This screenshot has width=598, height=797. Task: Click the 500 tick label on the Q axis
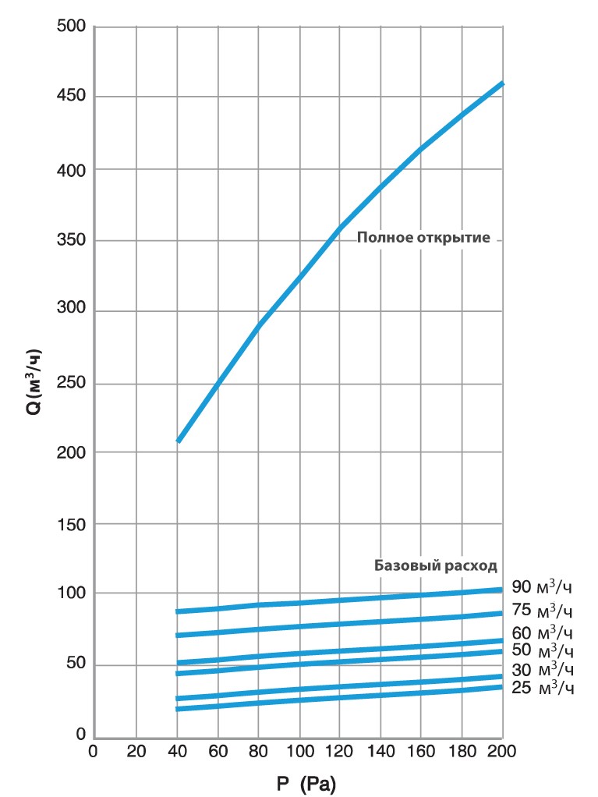(71, 26)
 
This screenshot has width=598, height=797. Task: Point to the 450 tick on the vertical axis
(71, 97)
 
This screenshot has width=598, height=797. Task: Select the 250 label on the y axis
(71, 383)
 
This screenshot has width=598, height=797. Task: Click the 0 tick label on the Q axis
(80, 735)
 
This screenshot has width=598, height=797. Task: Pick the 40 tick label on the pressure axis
(178, 752)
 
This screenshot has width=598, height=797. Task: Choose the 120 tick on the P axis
(339, 752)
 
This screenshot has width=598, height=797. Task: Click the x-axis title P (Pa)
(306, 784)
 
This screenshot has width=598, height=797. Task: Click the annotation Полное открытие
(423, 238)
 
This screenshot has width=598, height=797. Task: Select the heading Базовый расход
(435, 565)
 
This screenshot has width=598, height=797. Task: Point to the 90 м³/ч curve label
(543, 587)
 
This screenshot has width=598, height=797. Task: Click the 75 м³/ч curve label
(543, 610)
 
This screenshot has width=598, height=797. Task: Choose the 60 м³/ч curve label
(543, 632)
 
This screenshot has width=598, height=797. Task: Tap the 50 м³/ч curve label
(543, 650)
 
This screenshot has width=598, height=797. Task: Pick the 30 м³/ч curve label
(543, 669)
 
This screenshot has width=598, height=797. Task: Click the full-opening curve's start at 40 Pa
(179, 441)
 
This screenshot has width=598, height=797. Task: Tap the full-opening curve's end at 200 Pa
(502, 83)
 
